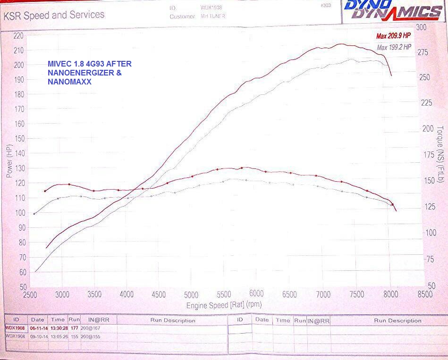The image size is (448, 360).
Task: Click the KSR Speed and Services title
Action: [x=54, y=15]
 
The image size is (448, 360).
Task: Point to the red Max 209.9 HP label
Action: [x=393, y=36]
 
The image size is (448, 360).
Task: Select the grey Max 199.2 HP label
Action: [x=394, y=47]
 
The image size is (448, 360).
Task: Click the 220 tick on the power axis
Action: [x=19, y=36]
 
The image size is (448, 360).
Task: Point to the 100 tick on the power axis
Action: [x=19, y=213]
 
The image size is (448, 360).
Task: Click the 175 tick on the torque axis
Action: [x=428, y=155]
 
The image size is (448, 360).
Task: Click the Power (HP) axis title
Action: [x=9, y=161]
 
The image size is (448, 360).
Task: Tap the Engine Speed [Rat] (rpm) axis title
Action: [x=224, y=305]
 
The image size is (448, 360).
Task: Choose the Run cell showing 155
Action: [x=74, y=336]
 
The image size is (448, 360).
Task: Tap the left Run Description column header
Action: [x=173, y=320]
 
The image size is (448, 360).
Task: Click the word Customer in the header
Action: [x=182, y=17]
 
